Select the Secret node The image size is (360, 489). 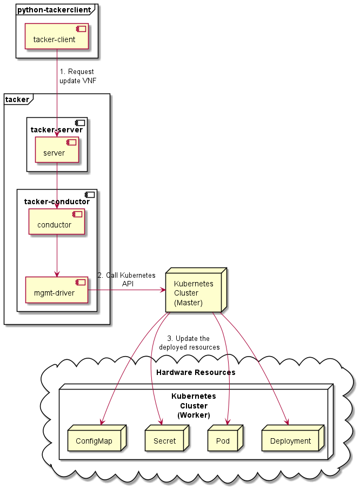[164, 441]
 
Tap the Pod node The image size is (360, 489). [223, 441]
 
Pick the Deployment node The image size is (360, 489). [291, 441]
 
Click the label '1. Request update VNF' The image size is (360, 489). [78, 76]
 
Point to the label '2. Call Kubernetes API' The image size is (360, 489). [126, 279]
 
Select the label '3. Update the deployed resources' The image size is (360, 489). [189, 343]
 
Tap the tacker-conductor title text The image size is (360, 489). [57, 202]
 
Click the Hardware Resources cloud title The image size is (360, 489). [195, 372]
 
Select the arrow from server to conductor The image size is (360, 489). [57, 184]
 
